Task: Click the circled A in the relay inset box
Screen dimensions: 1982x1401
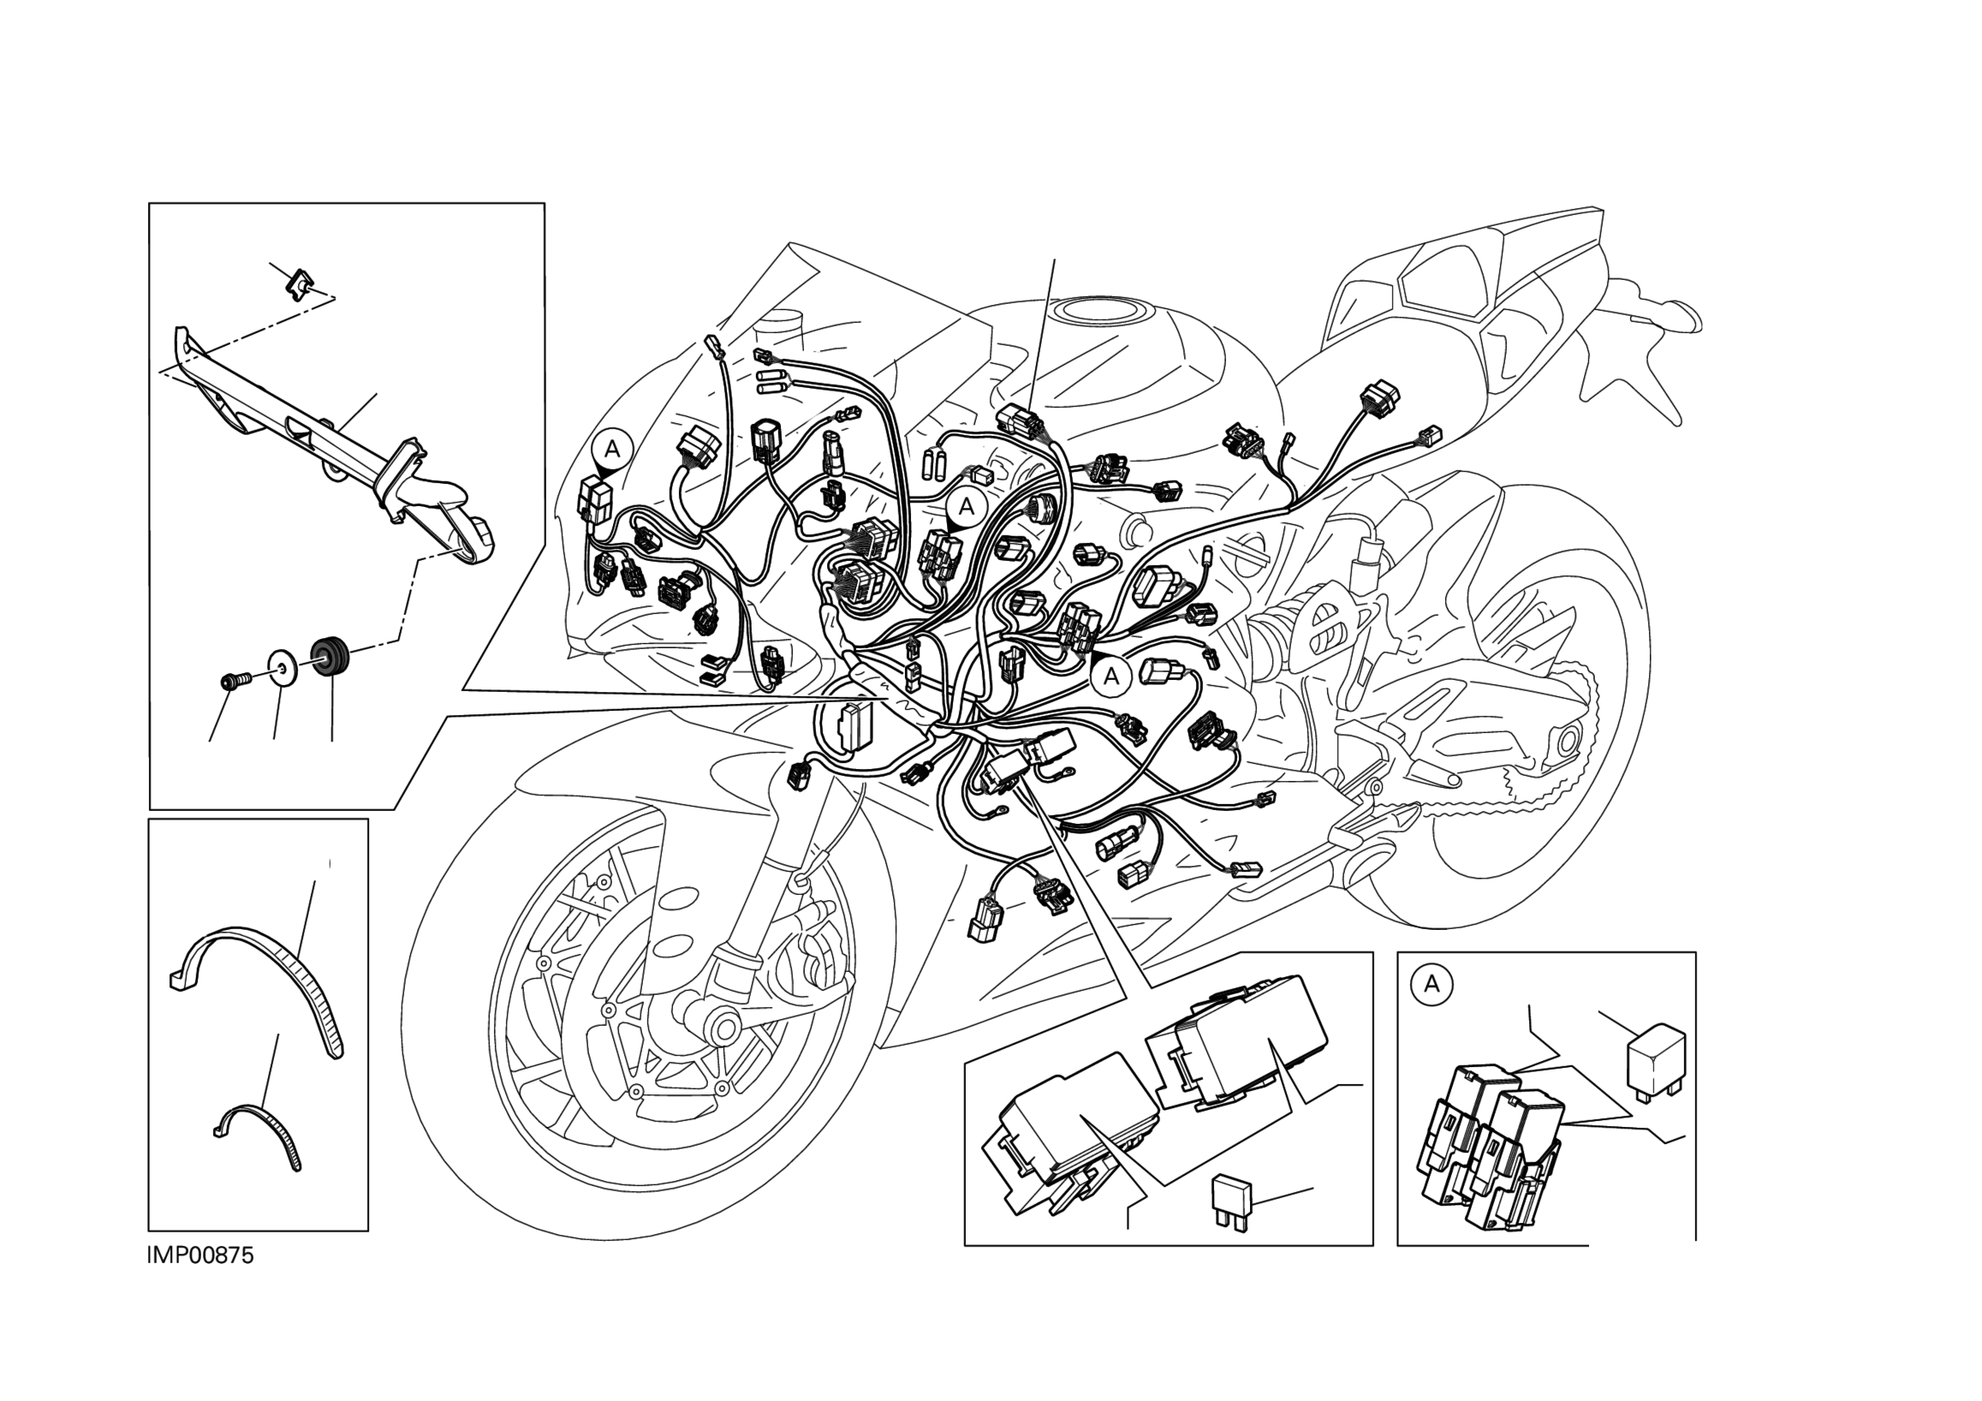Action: coord(1432,984)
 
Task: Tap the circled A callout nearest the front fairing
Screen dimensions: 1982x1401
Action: coord(612,449)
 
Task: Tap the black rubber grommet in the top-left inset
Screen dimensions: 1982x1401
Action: coord(330,658)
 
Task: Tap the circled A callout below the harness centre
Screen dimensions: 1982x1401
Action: coord(1112,677)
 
